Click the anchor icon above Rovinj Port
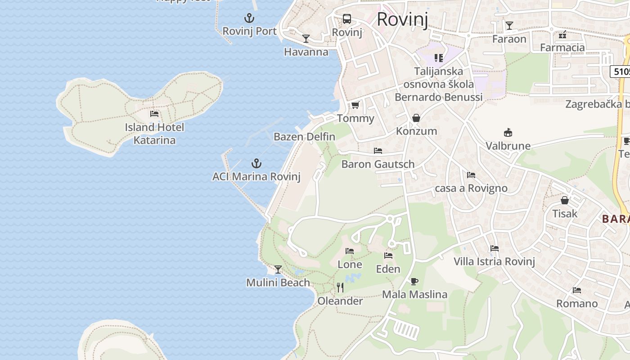pos(249,18)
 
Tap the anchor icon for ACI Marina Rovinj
pos(256,163)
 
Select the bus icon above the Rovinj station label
pos(346,19)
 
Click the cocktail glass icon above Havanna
pos(306,39)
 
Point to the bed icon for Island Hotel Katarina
pos(154,114)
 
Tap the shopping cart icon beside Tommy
pos(355,105)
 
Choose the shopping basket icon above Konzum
pos(416,118)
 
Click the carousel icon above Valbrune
pos(508,133)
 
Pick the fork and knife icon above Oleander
pos(340,287)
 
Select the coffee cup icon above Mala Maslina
pos(414,282)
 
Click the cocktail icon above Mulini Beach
pos(278,270)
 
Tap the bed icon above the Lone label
pos(350,251)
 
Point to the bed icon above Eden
pos(388,256)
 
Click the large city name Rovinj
pos(402,19)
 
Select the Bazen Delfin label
pos(304,136)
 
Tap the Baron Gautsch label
pos(378,164)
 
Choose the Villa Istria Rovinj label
pos(494,261)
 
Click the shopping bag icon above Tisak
pos(565,200)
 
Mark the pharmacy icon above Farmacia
pos(562,35)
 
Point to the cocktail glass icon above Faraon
pos(509,26)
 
